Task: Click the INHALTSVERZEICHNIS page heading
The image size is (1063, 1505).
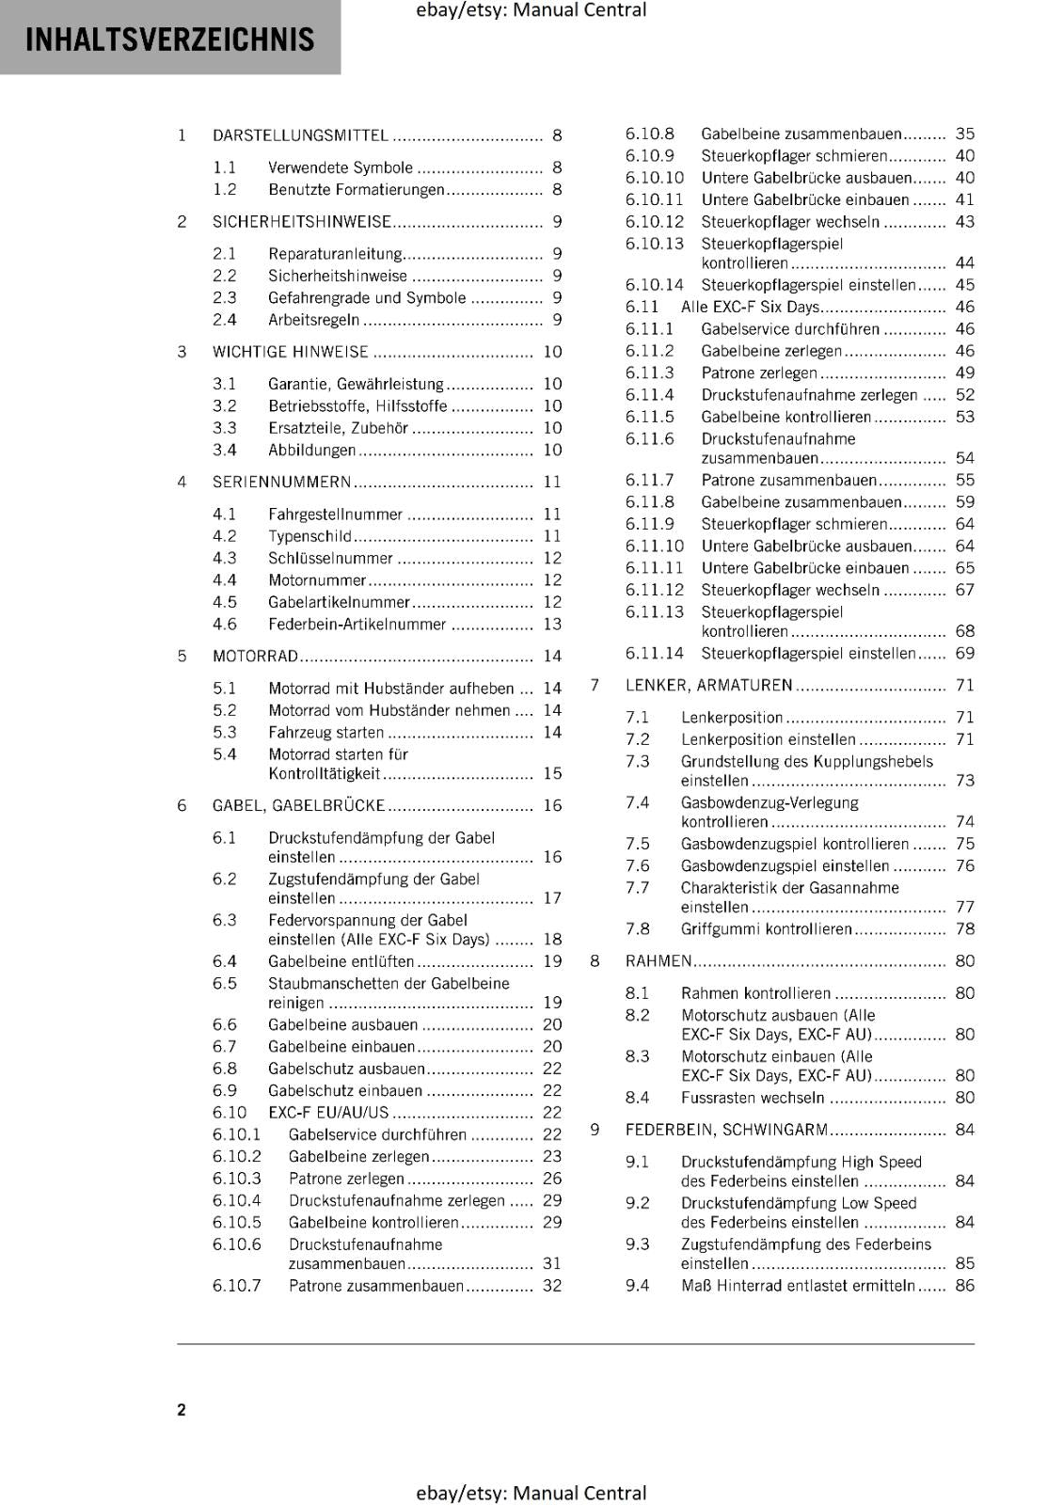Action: point(170,40)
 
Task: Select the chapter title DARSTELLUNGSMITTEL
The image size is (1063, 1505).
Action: point(300,135)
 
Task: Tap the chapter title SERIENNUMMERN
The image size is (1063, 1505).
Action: point(281,482)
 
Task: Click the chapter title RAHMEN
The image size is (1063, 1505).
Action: point(658,961)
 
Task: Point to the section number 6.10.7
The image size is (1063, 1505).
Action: point(237,1286)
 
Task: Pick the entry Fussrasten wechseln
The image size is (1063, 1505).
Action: point(753,1098)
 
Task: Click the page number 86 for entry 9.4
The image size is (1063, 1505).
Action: point(965,1286)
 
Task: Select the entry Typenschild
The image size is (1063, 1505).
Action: point(309,536)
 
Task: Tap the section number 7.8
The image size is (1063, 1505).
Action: point(638,929)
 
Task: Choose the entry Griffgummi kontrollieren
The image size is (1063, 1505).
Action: point(766,929)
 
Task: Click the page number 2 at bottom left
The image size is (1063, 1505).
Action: point(182,1409)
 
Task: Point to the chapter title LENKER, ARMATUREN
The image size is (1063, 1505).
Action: point(708,686)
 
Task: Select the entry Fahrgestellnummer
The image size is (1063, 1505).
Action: point(335,515)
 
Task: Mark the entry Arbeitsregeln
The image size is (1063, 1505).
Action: point(313,320)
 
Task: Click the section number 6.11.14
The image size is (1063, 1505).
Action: point(655,654)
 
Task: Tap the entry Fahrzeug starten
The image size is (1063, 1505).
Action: point(325,733)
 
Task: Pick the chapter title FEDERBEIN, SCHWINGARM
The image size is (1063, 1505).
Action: point(726,1130)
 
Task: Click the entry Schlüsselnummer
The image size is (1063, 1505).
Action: point(330,559)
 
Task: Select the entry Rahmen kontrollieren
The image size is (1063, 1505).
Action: point(755,993)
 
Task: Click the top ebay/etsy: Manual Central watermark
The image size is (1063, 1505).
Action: point(531,10)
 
